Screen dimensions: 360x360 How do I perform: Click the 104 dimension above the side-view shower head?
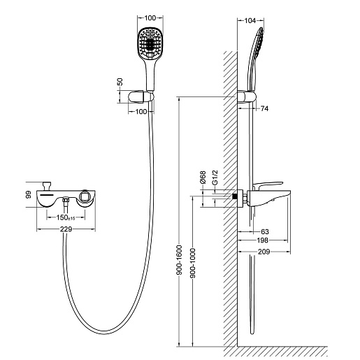pyautogui.click(x=250, y=21)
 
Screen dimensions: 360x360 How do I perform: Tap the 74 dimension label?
pyautogui.click(x=264, y=108)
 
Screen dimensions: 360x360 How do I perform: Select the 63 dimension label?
pyautogui.click(x=265, y=231)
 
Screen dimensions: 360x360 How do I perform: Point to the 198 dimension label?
pyautogui.click(x=262, y=240)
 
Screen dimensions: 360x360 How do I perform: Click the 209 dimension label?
pyautogui.click(x=264, y=252)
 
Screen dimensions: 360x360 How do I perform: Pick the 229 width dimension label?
pyautogui.click(x=66, y=229)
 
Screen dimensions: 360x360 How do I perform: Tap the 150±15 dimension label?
pyautogui.click(x=66, y=217)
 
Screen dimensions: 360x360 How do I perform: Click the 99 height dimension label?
pyautogui.click(x=28, y=194)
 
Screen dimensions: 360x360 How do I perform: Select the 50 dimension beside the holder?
pyautogui.click(x=120, y=82)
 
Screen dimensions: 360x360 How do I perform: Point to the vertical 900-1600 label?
pyautogui.click(x=180, y=260)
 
